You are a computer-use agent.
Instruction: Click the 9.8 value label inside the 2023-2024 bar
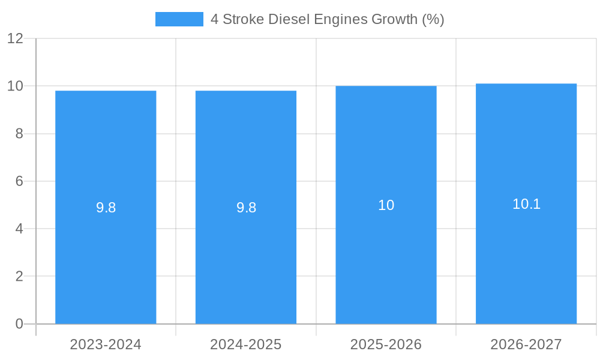pyautogui.click(x=106, y=208)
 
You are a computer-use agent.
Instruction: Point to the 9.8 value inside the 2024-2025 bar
pyautogui.click(x=246, y=208)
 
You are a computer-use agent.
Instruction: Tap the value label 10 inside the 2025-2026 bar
pyautogui.click(x=386, y=205)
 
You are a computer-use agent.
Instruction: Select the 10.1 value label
pyautogui.click(x=526, y=204)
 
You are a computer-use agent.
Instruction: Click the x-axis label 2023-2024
pyautogui.click(x=106, y=344)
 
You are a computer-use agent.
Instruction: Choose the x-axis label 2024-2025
pyautogui.click(x=246, y=344)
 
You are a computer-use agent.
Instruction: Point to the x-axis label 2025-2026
pyautogui.click(x=386, y=344)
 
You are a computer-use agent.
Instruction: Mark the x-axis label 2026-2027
pyautogui.click(x=526, y=344)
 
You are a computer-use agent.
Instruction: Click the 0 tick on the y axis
pyautogui.click(x=19, y=324)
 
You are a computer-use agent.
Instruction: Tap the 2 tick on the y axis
pyautogui.click(x=19, y=277)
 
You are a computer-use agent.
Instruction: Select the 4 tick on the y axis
pyautogui.click(x=19, y=229)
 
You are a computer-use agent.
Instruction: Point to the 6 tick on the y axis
pyautogui.click(x=19, y=181)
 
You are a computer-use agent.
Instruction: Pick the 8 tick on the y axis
pyautogui.click(x=19, y=134)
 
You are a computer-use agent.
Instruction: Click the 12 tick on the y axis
pyautogui.click(x=15, y=38)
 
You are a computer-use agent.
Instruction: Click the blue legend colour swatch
pyautogui.click(x=179, y=19)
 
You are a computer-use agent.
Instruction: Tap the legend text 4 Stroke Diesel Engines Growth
pyautogui.click(x=327, y=19)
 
